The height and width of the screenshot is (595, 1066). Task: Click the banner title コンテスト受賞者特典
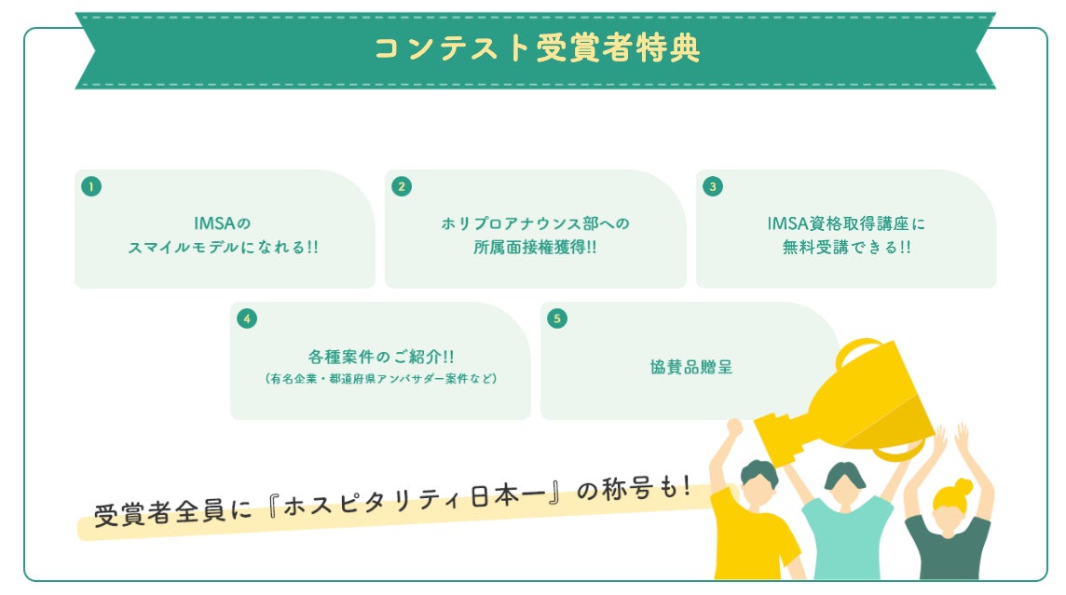pyautogui.click(x=536, y=48)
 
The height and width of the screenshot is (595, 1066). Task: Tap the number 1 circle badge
pyautogui.click(x=90, y=186)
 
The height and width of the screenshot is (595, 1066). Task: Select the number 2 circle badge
pyautogui.click(x=402, y=186)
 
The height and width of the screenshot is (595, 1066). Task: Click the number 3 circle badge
pyautogui.click(x=713, y=186)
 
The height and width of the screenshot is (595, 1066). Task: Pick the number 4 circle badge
pyautogui.click(x=246, y=318)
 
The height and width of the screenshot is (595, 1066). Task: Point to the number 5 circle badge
pyautogui.click(x=557, y=318)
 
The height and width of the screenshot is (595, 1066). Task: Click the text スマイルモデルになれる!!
pyautogui.click(x=224, y=248)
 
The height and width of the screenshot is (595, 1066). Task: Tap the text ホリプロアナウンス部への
pyautogui.click(x=535, y=223)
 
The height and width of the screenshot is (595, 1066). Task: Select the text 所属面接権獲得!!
pyautogui.click(x=535, y=248)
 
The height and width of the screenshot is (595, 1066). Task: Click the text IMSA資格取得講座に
pyautogui.click(x=846, y=223)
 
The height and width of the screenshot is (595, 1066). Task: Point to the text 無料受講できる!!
pyautogui.click(x=846, y=248)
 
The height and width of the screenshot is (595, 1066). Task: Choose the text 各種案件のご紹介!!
pyautogui.click(x=380, y=357)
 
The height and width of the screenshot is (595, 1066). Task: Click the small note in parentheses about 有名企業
pyautogui.click(x=380, y=379)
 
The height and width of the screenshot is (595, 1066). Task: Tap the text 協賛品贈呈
pyautogui.click(x=690, y=367)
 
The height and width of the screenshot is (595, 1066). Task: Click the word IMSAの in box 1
pyautogui.click(x=224, y=223)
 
